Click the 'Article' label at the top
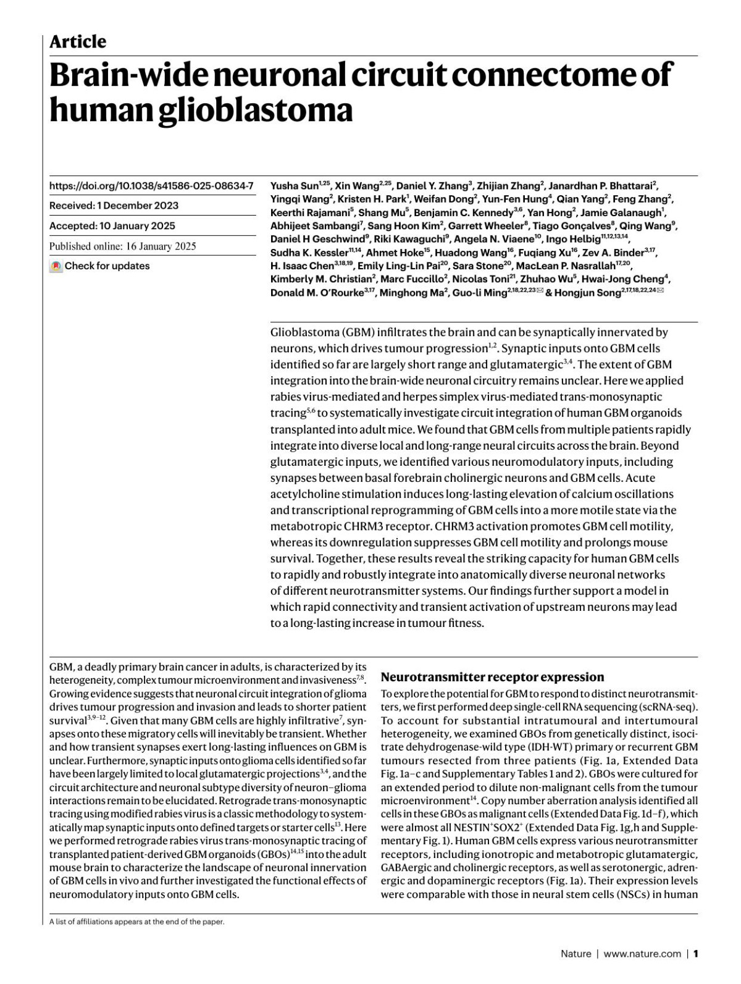(77, 42)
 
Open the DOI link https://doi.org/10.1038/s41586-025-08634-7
(151, 185)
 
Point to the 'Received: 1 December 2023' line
(114, 206)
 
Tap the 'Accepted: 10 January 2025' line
(112, 225)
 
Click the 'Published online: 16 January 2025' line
(122, 246)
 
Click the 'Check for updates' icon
(56, 266)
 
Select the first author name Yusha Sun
(294, 185)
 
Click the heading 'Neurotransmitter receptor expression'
(492, 676)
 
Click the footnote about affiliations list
(136, 922)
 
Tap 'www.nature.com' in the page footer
(642, 954)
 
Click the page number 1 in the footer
(695, 954)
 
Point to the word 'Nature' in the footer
(576, 954)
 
